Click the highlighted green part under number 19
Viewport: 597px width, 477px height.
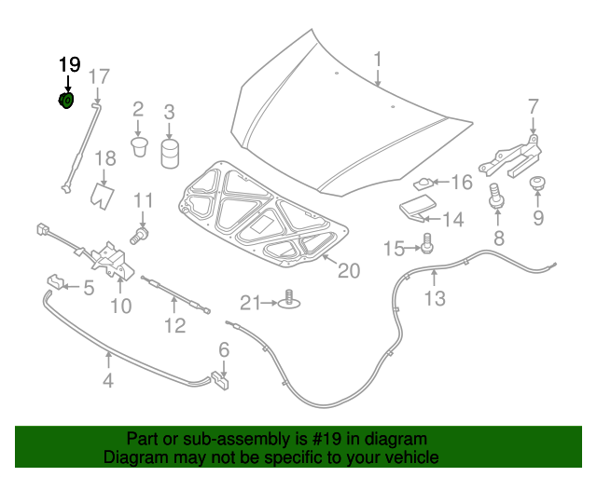[66, 101]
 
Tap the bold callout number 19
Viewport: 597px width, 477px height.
[69, 65]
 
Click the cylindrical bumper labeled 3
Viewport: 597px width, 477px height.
[170, 154]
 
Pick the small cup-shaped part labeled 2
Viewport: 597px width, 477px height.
[139, 145]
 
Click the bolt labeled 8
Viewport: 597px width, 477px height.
[497, 197]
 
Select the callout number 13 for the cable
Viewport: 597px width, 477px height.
[435, 298]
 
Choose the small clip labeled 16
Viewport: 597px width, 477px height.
[424, 184]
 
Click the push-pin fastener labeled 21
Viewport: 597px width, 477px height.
[290, 300]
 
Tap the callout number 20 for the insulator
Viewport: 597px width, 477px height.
[347, 271]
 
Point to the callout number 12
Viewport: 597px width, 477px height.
[174, 326]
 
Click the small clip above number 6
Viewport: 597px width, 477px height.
[221, 379]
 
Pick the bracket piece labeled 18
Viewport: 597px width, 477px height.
[103, 194]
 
